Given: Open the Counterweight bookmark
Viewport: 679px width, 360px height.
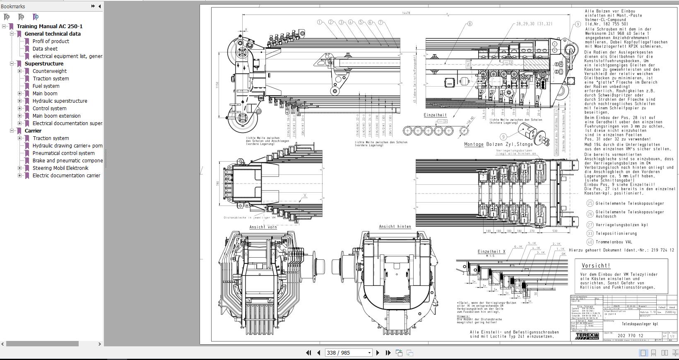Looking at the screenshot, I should [49, 71].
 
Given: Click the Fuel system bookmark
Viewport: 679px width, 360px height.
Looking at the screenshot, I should [46, 86].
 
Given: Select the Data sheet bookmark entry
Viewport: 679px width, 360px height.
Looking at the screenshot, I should [45, 48].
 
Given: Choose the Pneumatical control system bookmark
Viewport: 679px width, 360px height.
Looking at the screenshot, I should [63, 153].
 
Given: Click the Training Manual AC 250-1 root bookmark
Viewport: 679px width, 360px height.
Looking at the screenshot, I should [49, 26].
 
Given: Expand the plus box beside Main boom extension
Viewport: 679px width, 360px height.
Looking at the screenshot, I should [19, 116].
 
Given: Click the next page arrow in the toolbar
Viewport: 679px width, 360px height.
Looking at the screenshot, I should [378, 353].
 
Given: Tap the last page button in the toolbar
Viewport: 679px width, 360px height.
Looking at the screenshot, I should [388, 353].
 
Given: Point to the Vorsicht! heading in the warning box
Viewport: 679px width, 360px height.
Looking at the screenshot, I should [596, 266].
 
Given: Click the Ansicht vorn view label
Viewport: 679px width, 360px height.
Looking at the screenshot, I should [263, 227].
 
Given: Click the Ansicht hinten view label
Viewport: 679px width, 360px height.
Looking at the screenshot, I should [395, 227].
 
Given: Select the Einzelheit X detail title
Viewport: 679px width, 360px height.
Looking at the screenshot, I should [491, 251].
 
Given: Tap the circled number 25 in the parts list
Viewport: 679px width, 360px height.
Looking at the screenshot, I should [590, 203].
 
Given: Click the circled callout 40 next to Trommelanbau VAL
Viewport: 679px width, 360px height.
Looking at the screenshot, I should [590, 242].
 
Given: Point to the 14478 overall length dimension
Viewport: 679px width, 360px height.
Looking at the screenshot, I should [406, 13].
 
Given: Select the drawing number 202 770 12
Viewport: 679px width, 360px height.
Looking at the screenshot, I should [630, 336].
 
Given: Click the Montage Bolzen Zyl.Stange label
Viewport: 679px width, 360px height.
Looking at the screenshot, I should [493, 145].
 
